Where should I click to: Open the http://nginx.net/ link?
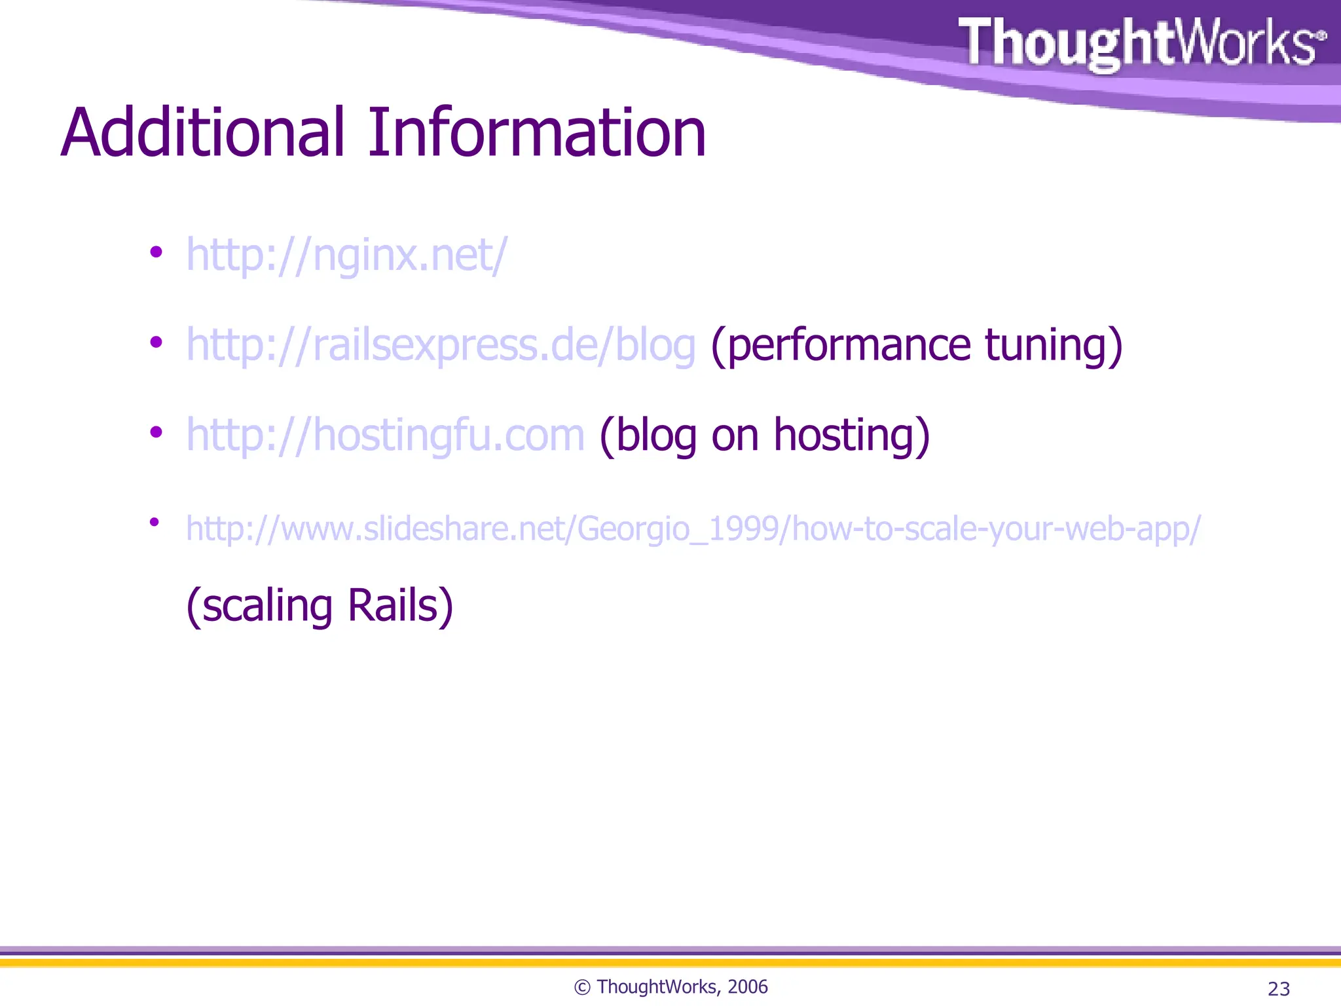coord(346,255)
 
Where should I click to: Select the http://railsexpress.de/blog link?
coord(441,345)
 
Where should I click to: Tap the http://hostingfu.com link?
coord(385,435)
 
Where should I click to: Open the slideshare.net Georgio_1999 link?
coord(693,529)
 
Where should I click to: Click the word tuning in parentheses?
coord(1054,345)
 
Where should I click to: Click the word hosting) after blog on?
coord(851,435)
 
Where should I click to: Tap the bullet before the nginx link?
coord(156,252)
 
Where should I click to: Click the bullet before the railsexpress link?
coord(156,342)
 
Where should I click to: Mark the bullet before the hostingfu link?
coord(156,432)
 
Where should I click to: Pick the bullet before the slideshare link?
coord(155,522)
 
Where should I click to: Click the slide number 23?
coord(1278,988)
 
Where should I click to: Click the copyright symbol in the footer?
coord(582,987)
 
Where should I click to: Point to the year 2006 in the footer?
coord(747,986)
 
